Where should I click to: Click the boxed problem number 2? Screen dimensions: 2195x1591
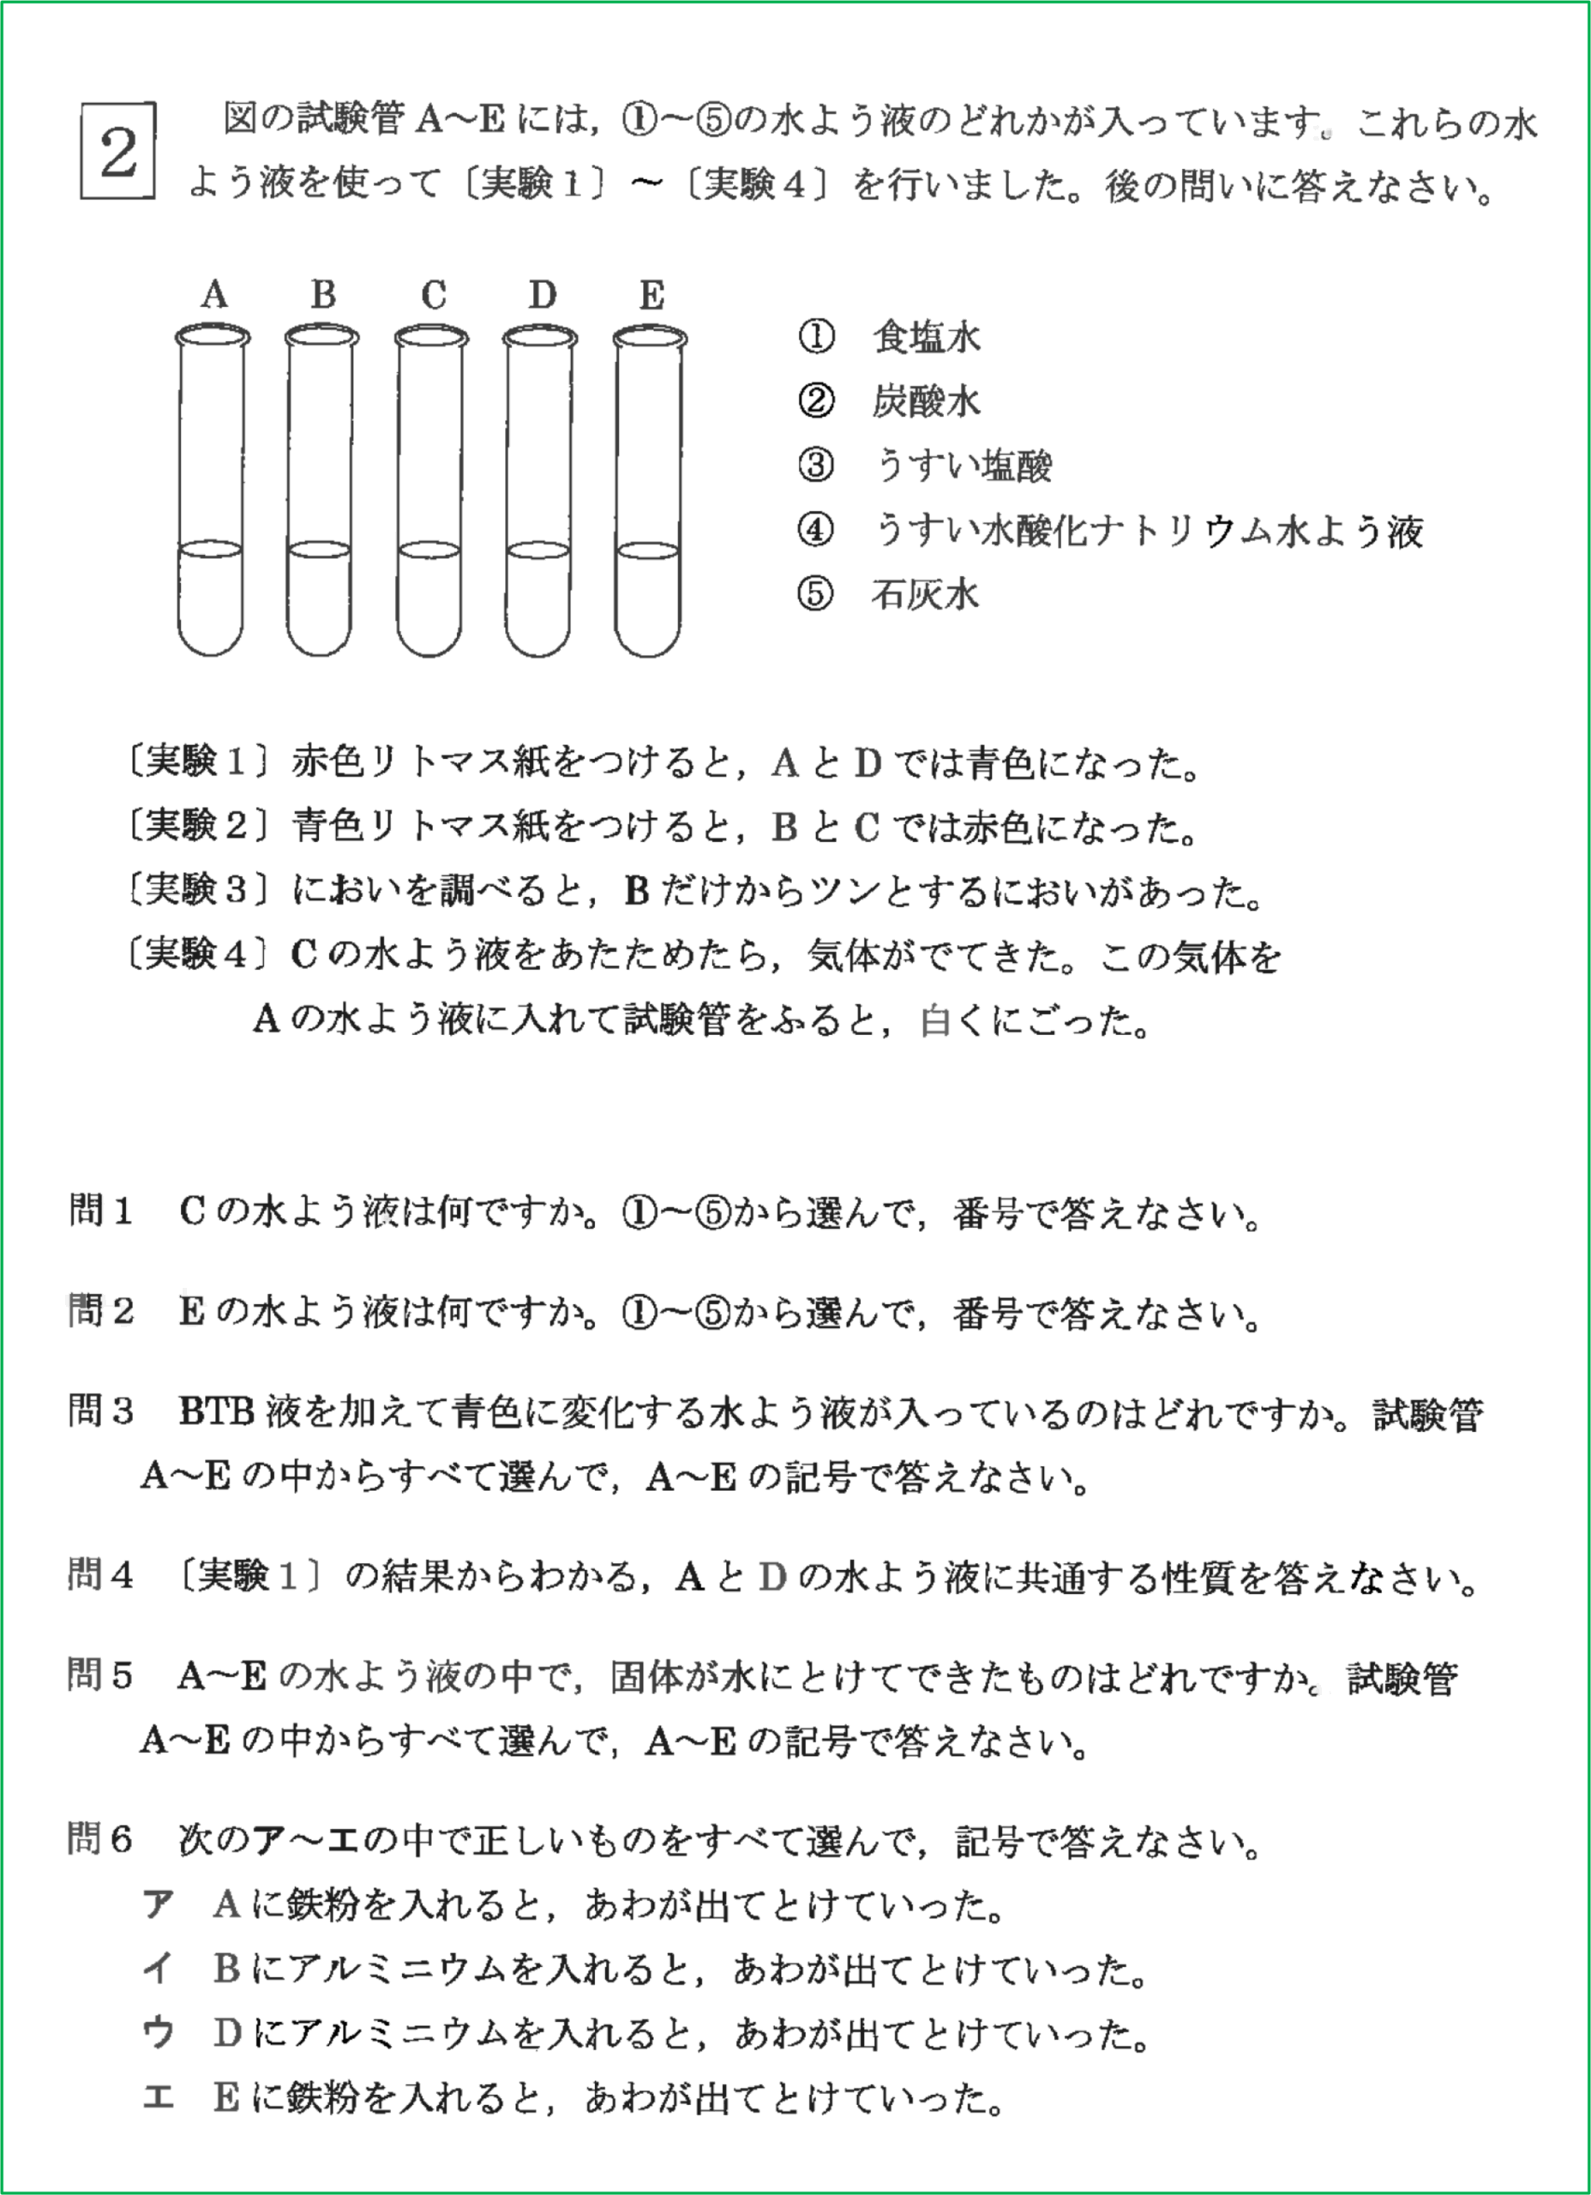pos(118,151)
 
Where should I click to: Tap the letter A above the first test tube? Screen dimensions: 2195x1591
pos(213,294)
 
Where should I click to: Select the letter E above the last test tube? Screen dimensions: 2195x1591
pos(651,294)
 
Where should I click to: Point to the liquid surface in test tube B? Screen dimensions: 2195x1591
pos(321,550)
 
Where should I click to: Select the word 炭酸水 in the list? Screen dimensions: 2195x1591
pos(925,400)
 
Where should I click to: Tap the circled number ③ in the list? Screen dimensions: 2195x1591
pos(816,466)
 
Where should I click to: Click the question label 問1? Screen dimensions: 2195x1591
pos(99,1211)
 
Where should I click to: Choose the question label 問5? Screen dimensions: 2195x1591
pos(99,1675)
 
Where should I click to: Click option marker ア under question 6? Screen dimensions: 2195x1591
pos(158,1903)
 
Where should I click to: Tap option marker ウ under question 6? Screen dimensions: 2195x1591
pos(158,2032)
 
